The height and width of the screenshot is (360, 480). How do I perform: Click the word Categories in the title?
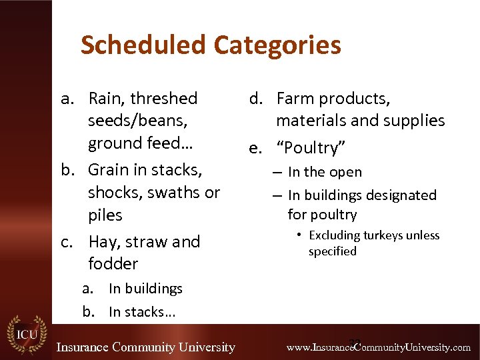pyautogui.click(x=277, y=45)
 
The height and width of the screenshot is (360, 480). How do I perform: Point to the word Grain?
pyautogui.click(x=111, y=169)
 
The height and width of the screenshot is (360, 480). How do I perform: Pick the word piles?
pyautogui.click(x=105, y=215)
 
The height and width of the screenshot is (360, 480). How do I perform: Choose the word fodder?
pyautogui.click(x=113, y=263)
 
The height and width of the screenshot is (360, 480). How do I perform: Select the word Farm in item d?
pyautogui.click(x=295, y=99)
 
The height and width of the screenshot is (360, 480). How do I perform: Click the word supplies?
pyautogui.click(x=417, y=121)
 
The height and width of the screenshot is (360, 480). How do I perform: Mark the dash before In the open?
pyautogui.click(x=278, y=172)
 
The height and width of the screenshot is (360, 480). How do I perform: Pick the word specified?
pyautogui.click(x=332, y=251)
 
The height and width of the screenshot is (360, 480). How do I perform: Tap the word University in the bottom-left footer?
pyautogui.click(x=203, y=347)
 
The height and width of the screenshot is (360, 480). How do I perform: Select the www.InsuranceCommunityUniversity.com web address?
pyautogui.click(x=378, y=347)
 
